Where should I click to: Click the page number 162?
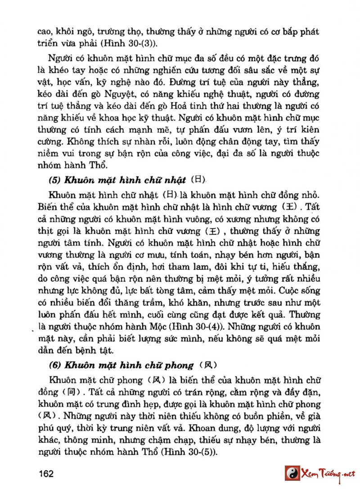46,473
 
